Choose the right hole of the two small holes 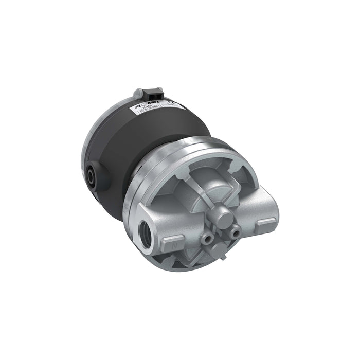[236, 233]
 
